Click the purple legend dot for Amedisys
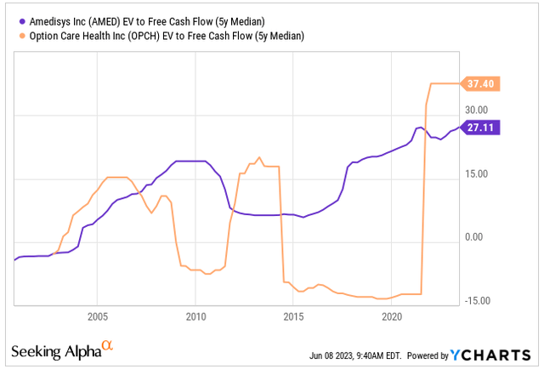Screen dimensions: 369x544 click(19, 21)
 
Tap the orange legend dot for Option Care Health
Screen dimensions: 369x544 click(19, 36)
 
